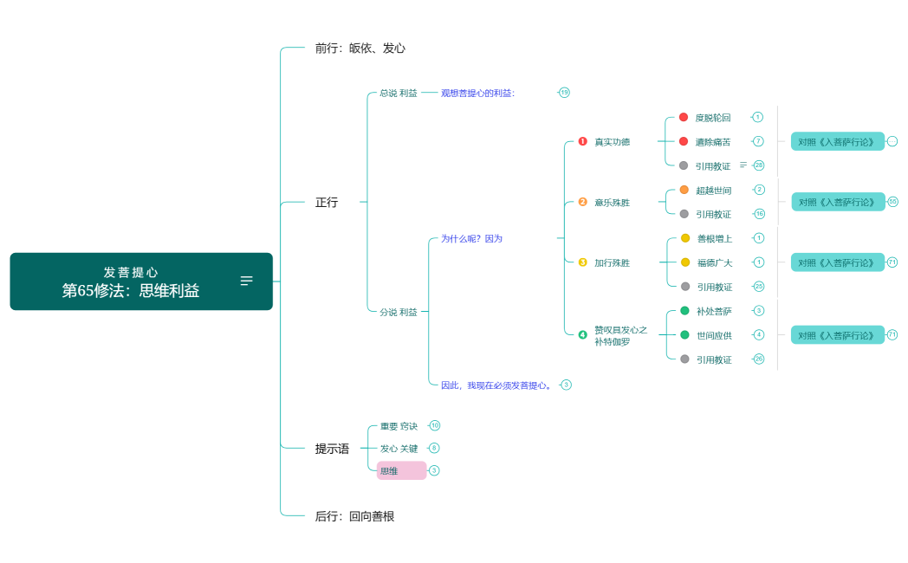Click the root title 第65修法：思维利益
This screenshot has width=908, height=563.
[x=131, y=291]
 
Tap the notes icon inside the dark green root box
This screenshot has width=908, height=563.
[x=247, y=281]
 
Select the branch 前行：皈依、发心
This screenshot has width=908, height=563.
[x=360, y=49]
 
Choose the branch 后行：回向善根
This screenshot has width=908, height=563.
[x=354, y=516]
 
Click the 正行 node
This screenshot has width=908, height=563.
[x=327, y=203]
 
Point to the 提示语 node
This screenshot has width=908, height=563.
[x=332, y=449]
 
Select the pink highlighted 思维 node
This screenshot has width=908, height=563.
[x=401, y=470]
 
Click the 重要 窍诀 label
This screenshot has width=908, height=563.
[x=399, y=426]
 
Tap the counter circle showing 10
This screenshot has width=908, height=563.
[x=435, y=425]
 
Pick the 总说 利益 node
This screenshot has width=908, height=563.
[x=398, y=93]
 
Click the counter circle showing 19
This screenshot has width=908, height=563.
[x=564, y=93]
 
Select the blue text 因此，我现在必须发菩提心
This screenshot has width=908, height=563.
[x=496, y=385]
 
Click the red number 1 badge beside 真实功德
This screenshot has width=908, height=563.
[x=582, y=141]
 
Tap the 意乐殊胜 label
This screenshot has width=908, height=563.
[x=612, y=203]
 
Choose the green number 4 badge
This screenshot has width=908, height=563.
[x=582, y=334]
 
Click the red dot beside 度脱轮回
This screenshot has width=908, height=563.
[x=684, y=117]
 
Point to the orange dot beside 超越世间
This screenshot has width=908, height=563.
[x=684, y=190]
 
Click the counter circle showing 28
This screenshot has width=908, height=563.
[x=759, y=165]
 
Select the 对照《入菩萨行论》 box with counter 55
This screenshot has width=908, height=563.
[x=838, y=202]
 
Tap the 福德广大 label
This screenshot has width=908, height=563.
[x=714, y=262]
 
